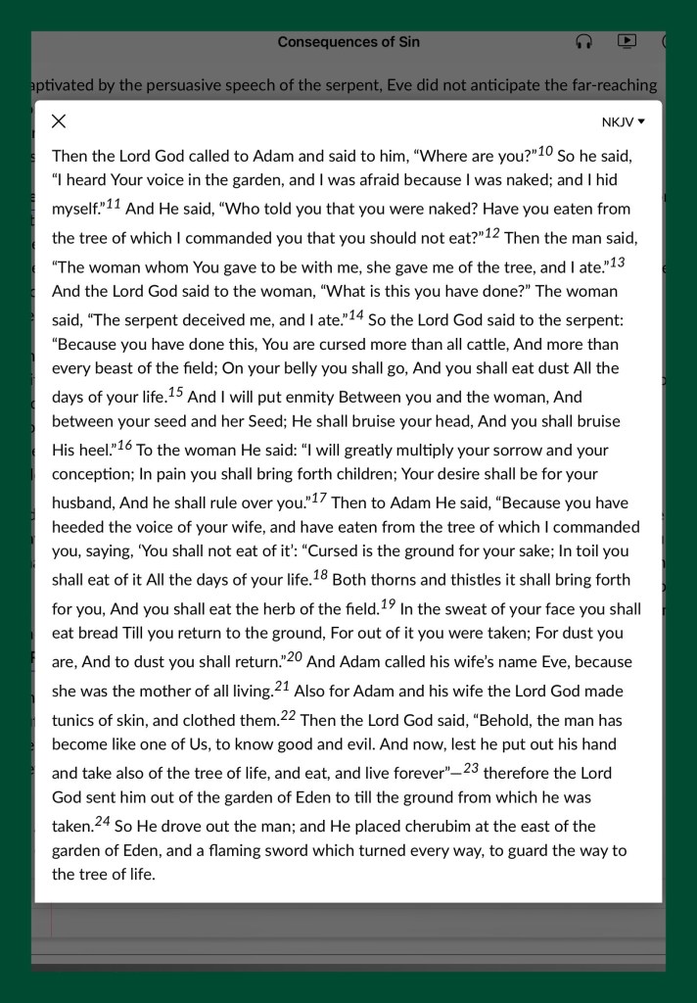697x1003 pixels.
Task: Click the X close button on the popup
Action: tap(59, 121)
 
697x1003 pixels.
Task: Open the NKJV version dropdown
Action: tap(624, 122)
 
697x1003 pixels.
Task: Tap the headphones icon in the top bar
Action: tap(583, 42)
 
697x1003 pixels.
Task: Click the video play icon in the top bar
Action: tap(627, 41)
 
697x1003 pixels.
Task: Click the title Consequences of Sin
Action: tap(348, 42)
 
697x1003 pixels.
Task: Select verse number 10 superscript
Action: tap(545, 151)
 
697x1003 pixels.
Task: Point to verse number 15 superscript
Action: tap(175, 393)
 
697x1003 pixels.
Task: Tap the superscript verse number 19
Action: tap(388, 604)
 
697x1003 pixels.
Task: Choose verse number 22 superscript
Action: tap(288, 715)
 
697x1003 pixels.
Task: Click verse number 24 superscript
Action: tap(103, 821)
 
